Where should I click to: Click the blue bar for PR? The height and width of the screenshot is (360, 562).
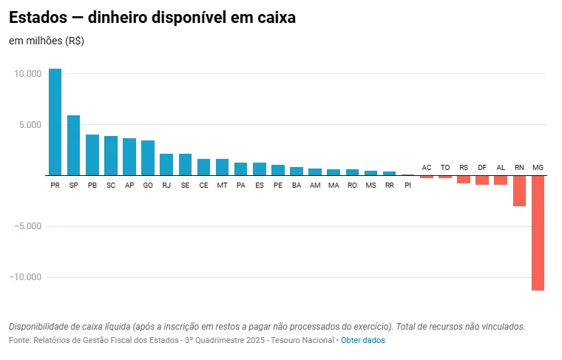point(55,122)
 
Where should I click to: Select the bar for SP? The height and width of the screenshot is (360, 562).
point(73,146)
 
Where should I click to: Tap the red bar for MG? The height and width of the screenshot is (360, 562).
point(538,233)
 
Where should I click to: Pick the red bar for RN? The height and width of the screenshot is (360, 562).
point(519,191)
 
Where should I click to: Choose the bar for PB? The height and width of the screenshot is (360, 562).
point(92,155)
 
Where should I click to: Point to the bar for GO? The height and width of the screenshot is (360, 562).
point(148,158)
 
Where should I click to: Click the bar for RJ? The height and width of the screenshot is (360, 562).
point(166,165)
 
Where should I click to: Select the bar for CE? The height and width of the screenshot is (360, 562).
point(203,167)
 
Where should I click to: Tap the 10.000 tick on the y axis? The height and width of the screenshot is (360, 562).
point(27,74)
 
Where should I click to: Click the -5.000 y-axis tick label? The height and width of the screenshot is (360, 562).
point(27,226)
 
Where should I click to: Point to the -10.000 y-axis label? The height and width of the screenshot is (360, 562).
point(24,277)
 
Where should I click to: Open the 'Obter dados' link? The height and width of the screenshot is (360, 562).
point(362,340)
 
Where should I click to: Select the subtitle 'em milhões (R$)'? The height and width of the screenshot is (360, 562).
point(47,41)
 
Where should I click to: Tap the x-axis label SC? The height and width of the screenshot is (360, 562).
point(111,185)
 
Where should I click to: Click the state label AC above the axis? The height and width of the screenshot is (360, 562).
point(427,168)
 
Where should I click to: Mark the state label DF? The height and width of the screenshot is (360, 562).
point(482,168)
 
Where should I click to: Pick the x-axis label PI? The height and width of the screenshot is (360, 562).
point(407,185)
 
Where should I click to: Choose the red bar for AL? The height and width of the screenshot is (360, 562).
point(501,180)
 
